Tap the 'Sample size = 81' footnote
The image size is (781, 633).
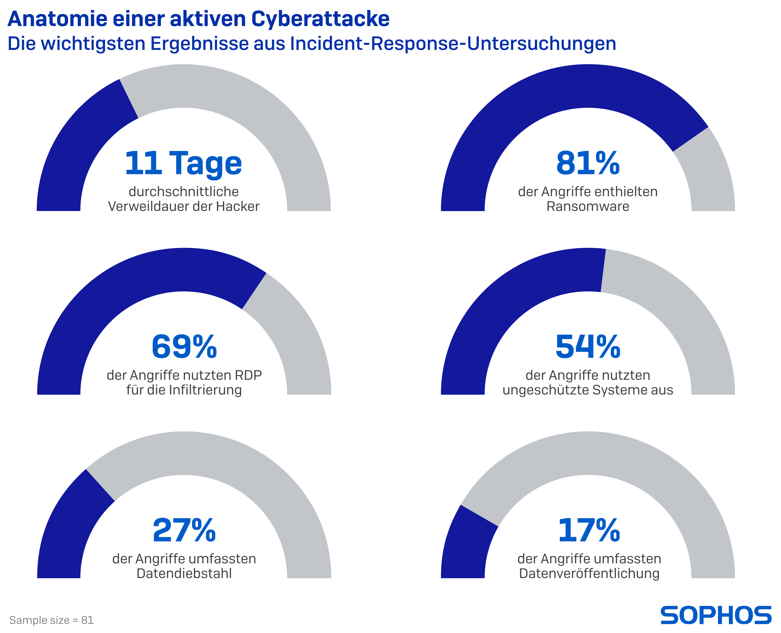pos(52,620)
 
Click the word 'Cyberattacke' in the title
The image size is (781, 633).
pos(320,19)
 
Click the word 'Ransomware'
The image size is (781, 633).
pos(588,206)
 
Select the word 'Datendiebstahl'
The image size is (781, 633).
pos(184,573)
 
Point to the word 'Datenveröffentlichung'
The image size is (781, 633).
pos(589,573)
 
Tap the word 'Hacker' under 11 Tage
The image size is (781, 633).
pos(238,206)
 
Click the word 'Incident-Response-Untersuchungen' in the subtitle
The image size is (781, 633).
pos(453,43)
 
